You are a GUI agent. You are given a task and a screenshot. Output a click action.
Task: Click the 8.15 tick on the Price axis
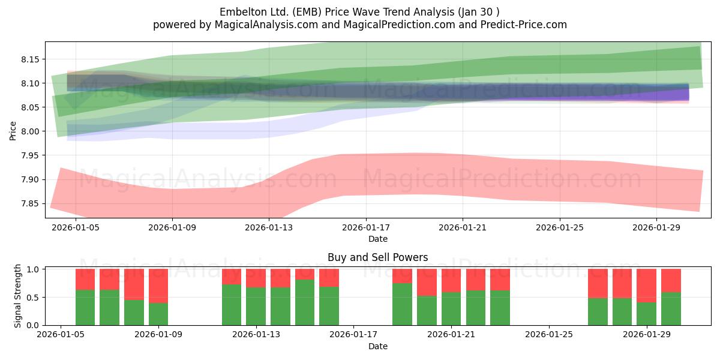point(30,59)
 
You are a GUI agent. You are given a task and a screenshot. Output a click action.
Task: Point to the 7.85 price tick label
point(30,204)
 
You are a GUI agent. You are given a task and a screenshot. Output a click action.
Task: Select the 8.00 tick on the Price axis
point(30,131)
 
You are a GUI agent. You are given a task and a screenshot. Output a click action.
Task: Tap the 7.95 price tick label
point(30,155)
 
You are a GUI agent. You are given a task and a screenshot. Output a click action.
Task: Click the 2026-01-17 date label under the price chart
point(366,227)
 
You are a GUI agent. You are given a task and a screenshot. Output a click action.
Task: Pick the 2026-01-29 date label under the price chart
point(656,227)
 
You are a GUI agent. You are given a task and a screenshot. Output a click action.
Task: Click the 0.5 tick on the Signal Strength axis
point(33,298)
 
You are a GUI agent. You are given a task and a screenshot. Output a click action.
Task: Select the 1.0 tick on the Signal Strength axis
point(33,269)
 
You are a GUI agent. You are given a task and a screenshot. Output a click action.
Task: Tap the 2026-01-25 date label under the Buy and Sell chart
point(549,335)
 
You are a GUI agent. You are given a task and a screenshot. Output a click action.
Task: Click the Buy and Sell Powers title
point(377,257)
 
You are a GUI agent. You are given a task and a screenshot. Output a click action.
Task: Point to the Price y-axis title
point(13,131)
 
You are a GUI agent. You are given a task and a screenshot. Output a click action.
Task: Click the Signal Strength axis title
point(17,296)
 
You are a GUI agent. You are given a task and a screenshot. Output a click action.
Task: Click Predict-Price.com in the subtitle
point(524,25)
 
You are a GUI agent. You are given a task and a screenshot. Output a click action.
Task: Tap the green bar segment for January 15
point(305,302)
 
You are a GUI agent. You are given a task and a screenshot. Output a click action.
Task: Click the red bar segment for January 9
point(158,286)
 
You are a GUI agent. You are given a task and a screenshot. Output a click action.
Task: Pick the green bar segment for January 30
point(671,309)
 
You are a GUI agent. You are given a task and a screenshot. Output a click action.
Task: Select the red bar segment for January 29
point(646,286)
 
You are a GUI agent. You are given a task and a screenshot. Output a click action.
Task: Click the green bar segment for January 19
point(402,304)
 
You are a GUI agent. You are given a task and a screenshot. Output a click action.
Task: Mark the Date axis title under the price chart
point(377,239)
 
